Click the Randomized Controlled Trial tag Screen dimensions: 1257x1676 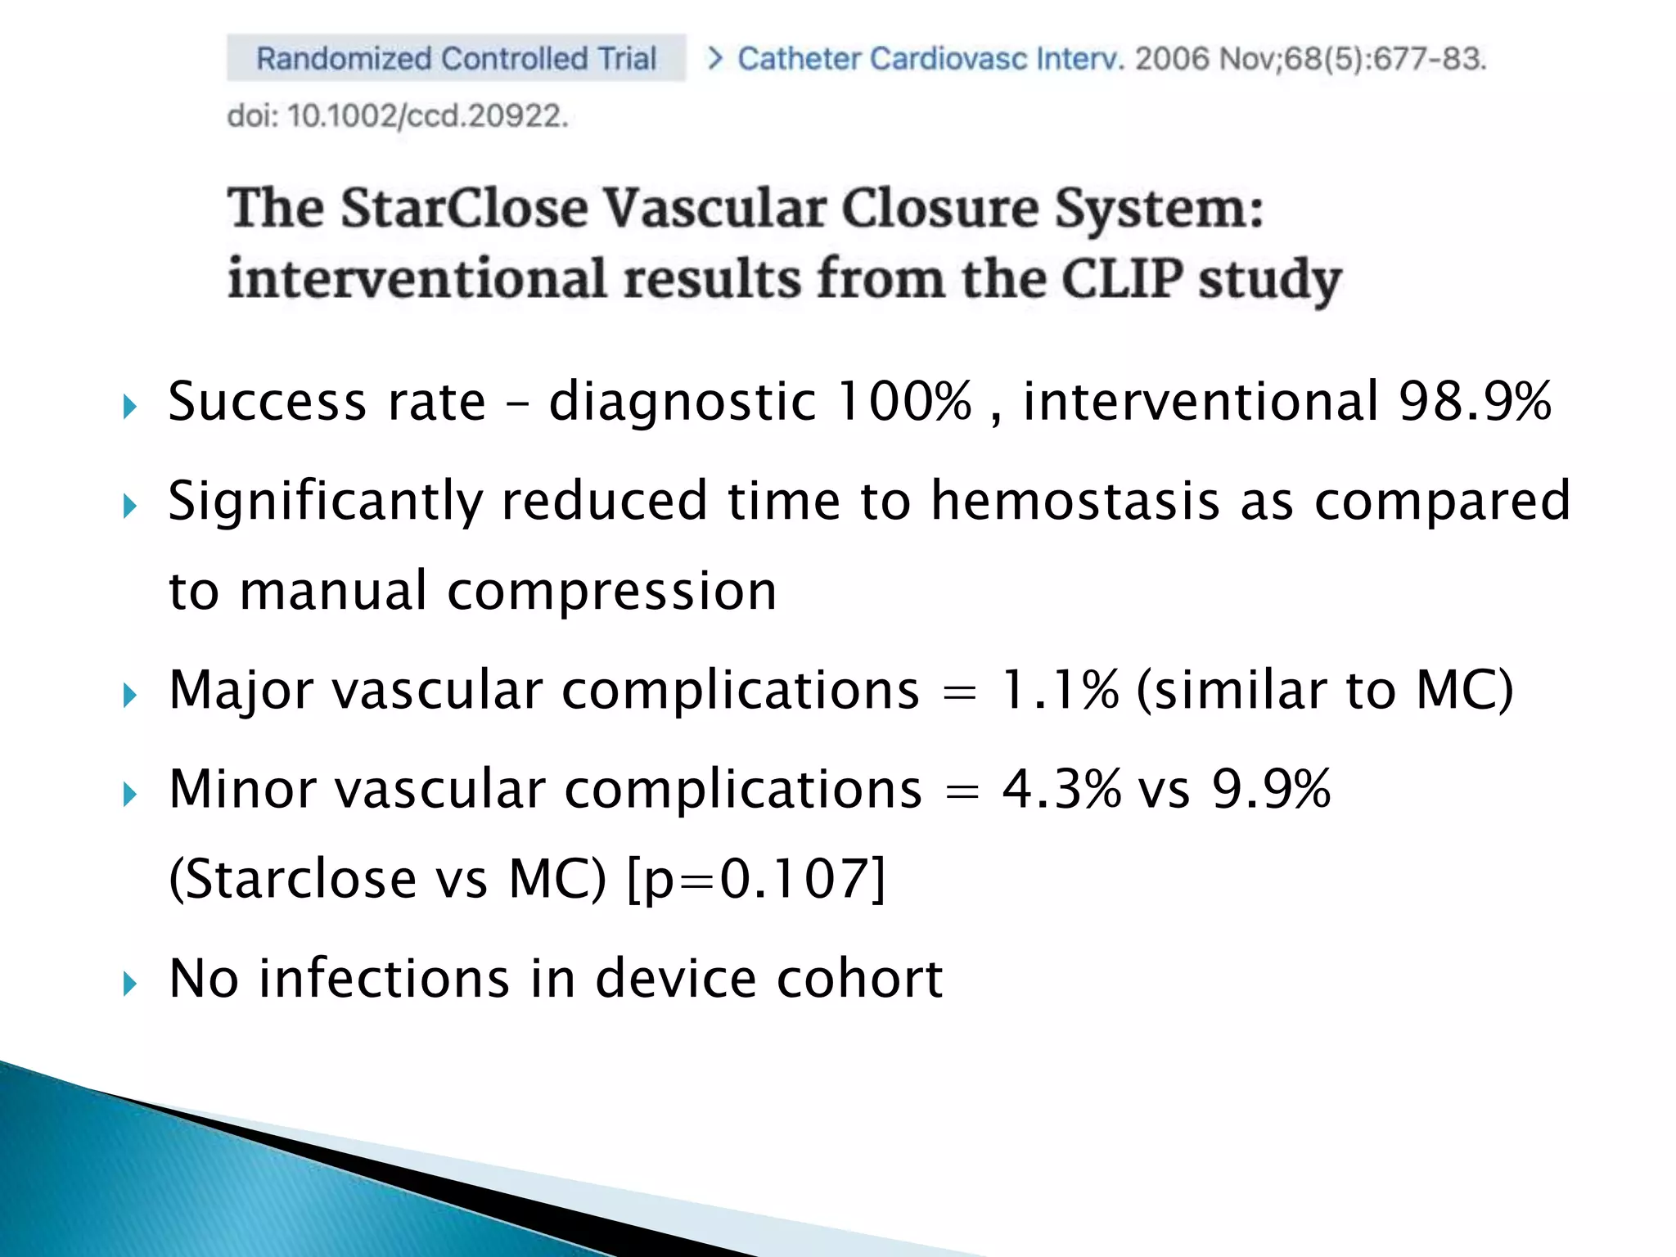point(456,58)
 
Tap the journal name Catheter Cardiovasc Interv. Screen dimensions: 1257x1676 point(930,59)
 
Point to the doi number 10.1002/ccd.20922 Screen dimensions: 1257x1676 point(426,115)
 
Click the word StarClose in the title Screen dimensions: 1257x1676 point(464,208)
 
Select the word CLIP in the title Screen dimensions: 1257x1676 point(1121,279)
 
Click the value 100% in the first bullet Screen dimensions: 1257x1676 point(904,401)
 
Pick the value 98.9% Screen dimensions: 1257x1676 point(1475,401)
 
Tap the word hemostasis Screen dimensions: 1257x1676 point(1075,500)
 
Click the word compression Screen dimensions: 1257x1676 point(611,591)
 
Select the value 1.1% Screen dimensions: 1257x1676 point(1059,689)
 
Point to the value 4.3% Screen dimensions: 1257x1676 point(1061,789)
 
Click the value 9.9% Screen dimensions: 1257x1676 point(1271,789)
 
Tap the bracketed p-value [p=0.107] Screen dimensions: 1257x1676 point(756,879)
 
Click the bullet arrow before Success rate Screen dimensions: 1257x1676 point(129,406)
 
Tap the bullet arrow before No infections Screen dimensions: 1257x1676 point(129,983)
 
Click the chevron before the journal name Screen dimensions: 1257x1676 point(714,58)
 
